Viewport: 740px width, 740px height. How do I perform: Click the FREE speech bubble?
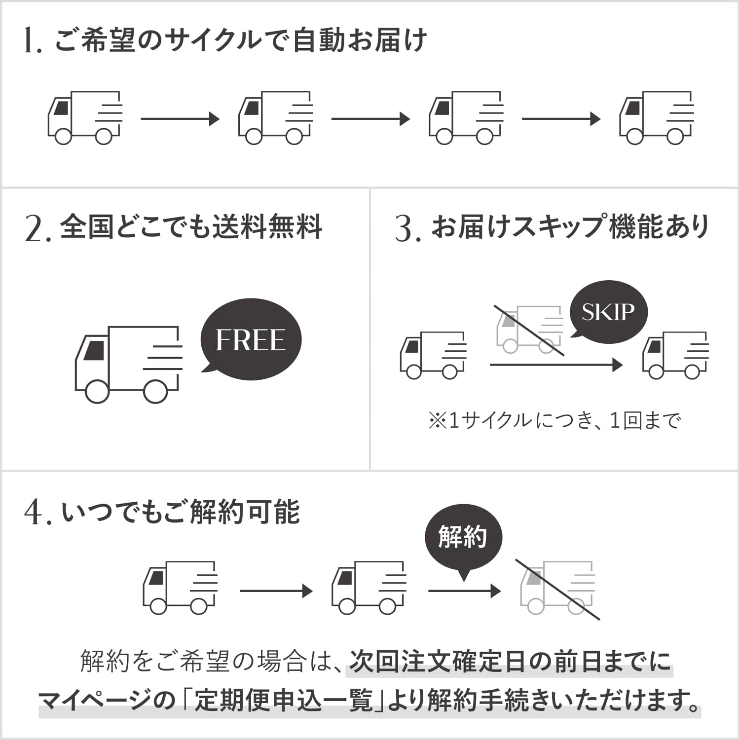pos(251,340)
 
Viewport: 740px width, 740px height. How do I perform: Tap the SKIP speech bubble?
pos(608,312)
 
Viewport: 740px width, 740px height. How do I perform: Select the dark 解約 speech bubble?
pos(463,538)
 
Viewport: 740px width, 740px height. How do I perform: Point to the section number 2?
pos(36,229)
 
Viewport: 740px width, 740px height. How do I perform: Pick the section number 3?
pos(406,229)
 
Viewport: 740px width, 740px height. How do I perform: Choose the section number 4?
pos(35,513)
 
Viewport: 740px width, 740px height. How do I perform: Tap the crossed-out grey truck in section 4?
pos(557,588)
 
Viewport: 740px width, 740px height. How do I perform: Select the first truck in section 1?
pos(85,117)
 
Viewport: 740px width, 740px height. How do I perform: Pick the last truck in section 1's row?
pos(657,117)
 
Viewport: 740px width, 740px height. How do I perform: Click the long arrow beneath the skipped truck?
pos(555,365)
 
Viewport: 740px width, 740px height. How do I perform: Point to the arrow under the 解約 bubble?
pos(464,591)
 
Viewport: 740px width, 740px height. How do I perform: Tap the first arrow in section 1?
pos(180,119)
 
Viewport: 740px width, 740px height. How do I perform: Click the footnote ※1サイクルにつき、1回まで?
pos(555,421)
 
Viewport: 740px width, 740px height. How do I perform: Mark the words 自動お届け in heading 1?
pos(360,40)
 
